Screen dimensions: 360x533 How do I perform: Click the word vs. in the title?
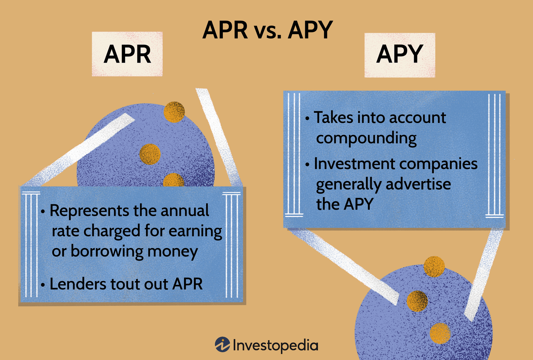pyautogui.click(x=268, y=31)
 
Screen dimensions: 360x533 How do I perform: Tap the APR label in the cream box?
pyautogui.click(x=127, y=54)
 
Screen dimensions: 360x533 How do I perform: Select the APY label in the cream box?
pyautogui.click(x=399, y=54)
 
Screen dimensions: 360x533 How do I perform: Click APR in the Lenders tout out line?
pyautogui.click(x=187, y=284)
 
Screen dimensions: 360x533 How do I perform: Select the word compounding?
pyautogui.click(x=366, y=139)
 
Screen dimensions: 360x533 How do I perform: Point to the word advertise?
pyautogui.click(x=418, y=184)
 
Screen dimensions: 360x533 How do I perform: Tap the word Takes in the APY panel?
pyautogui.click(x=334, y=118)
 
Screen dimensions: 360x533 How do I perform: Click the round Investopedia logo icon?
pyautogui.click(x=222, y=344)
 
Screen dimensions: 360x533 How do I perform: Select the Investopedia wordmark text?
pyautogui.click(x=275, y=345)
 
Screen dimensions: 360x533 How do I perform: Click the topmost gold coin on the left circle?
pyautogui.click(x=174, y=112)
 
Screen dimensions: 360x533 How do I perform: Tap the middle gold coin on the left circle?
pyautogui.click(x=150, y=154)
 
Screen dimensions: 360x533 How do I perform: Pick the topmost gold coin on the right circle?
pyautogui.click(x=434, y=266)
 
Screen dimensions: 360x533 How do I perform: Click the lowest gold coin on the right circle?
pyautogui.click(x=440, y=333)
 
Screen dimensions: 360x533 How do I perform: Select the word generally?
pyautogui.click(x=349, y=184)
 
